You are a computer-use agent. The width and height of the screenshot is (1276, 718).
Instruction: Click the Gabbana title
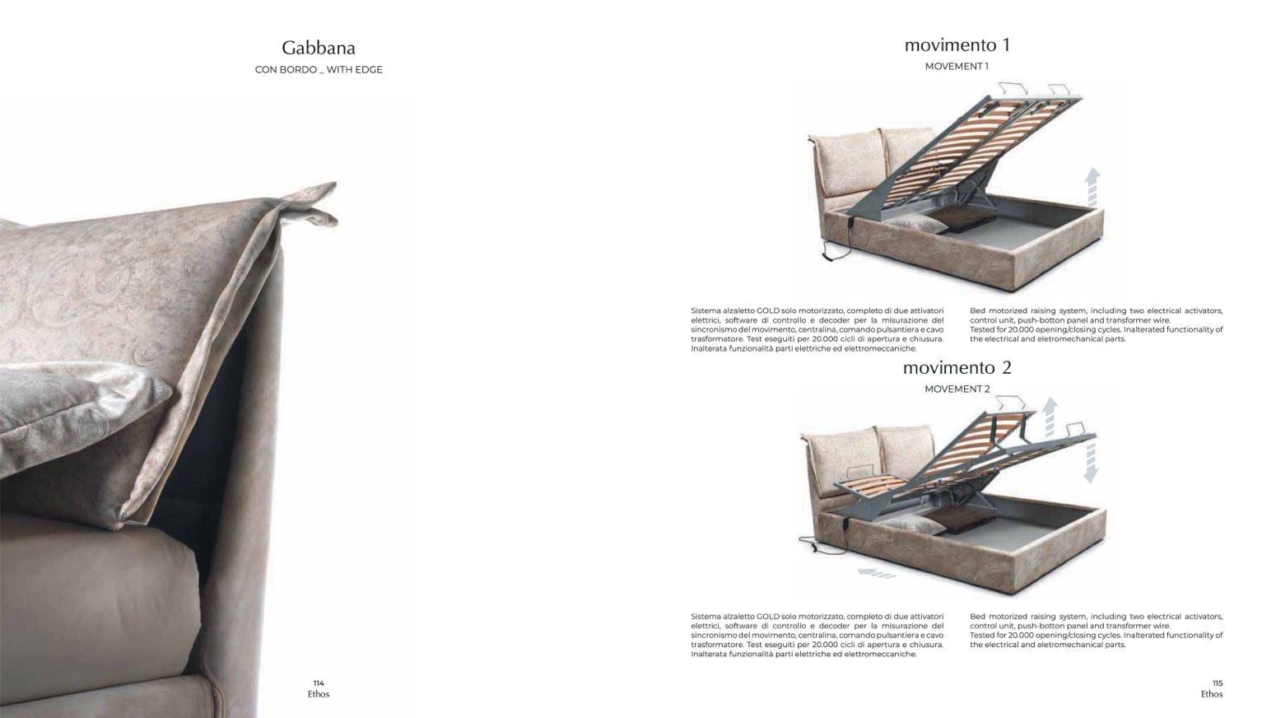pos(319,48)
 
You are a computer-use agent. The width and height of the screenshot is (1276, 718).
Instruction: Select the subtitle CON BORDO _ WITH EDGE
pos(319,69)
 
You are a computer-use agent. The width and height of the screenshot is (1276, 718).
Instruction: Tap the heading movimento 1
pos(957,45)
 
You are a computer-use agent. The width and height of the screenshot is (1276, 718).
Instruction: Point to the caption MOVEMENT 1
pos(957,66)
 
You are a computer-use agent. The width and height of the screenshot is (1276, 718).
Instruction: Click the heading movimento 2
pos(957,367)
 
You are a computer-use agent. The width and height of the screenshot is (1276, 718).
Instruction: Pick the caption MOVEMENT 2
pos(957,389)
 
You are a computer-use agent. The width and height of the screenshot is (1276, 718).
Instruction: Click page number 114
pos(319,683)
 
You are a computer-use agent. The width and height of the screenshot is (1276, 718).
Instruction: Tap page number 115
pos(1218,683)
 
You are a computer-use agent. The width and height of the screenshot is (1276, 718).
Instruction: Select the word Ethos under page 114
pos(319,694)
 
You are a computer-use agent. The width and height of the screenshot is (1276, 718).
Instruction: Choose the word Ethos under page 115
pos(1212,694)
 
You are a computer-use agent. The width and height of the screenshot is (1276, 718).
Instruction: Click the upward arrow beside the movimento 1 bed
pos(1092,187)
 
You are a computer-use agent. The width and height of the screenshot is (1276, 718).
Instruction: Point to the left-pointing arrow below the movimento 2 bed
pos(876,572)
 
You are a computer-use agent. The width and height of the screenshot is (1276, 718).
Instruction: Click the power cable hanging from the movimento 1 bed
pos(837,243)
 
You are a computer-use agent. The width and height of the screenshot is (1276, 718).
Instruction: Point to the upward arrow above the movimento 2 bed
pos(1050,417)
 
